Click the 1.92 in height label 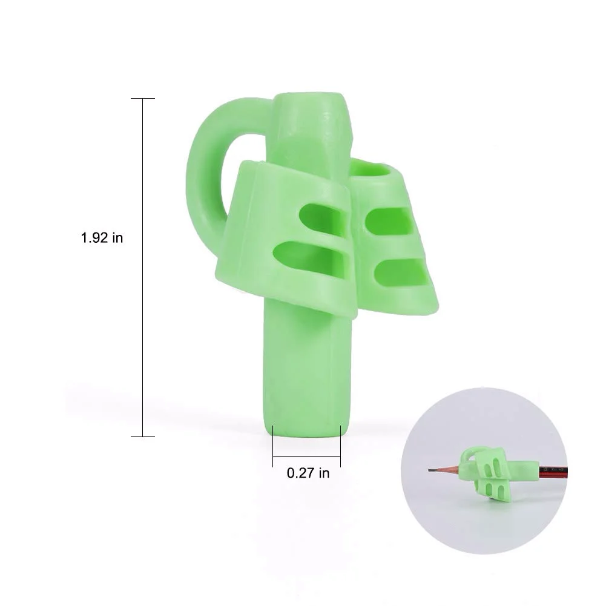(102, 238)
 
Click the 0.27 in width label (308, 473)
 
